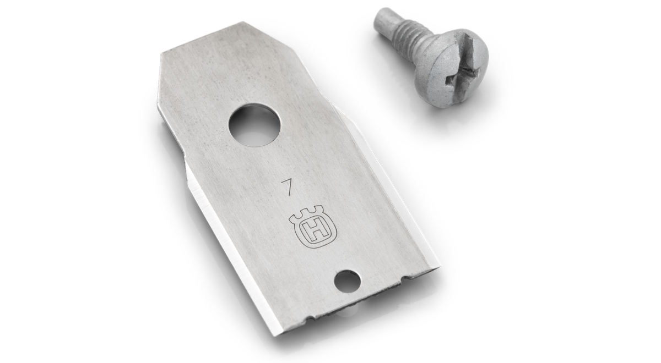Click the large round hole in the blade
[254, 125]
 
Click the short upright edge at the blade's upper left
[159, 72]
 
